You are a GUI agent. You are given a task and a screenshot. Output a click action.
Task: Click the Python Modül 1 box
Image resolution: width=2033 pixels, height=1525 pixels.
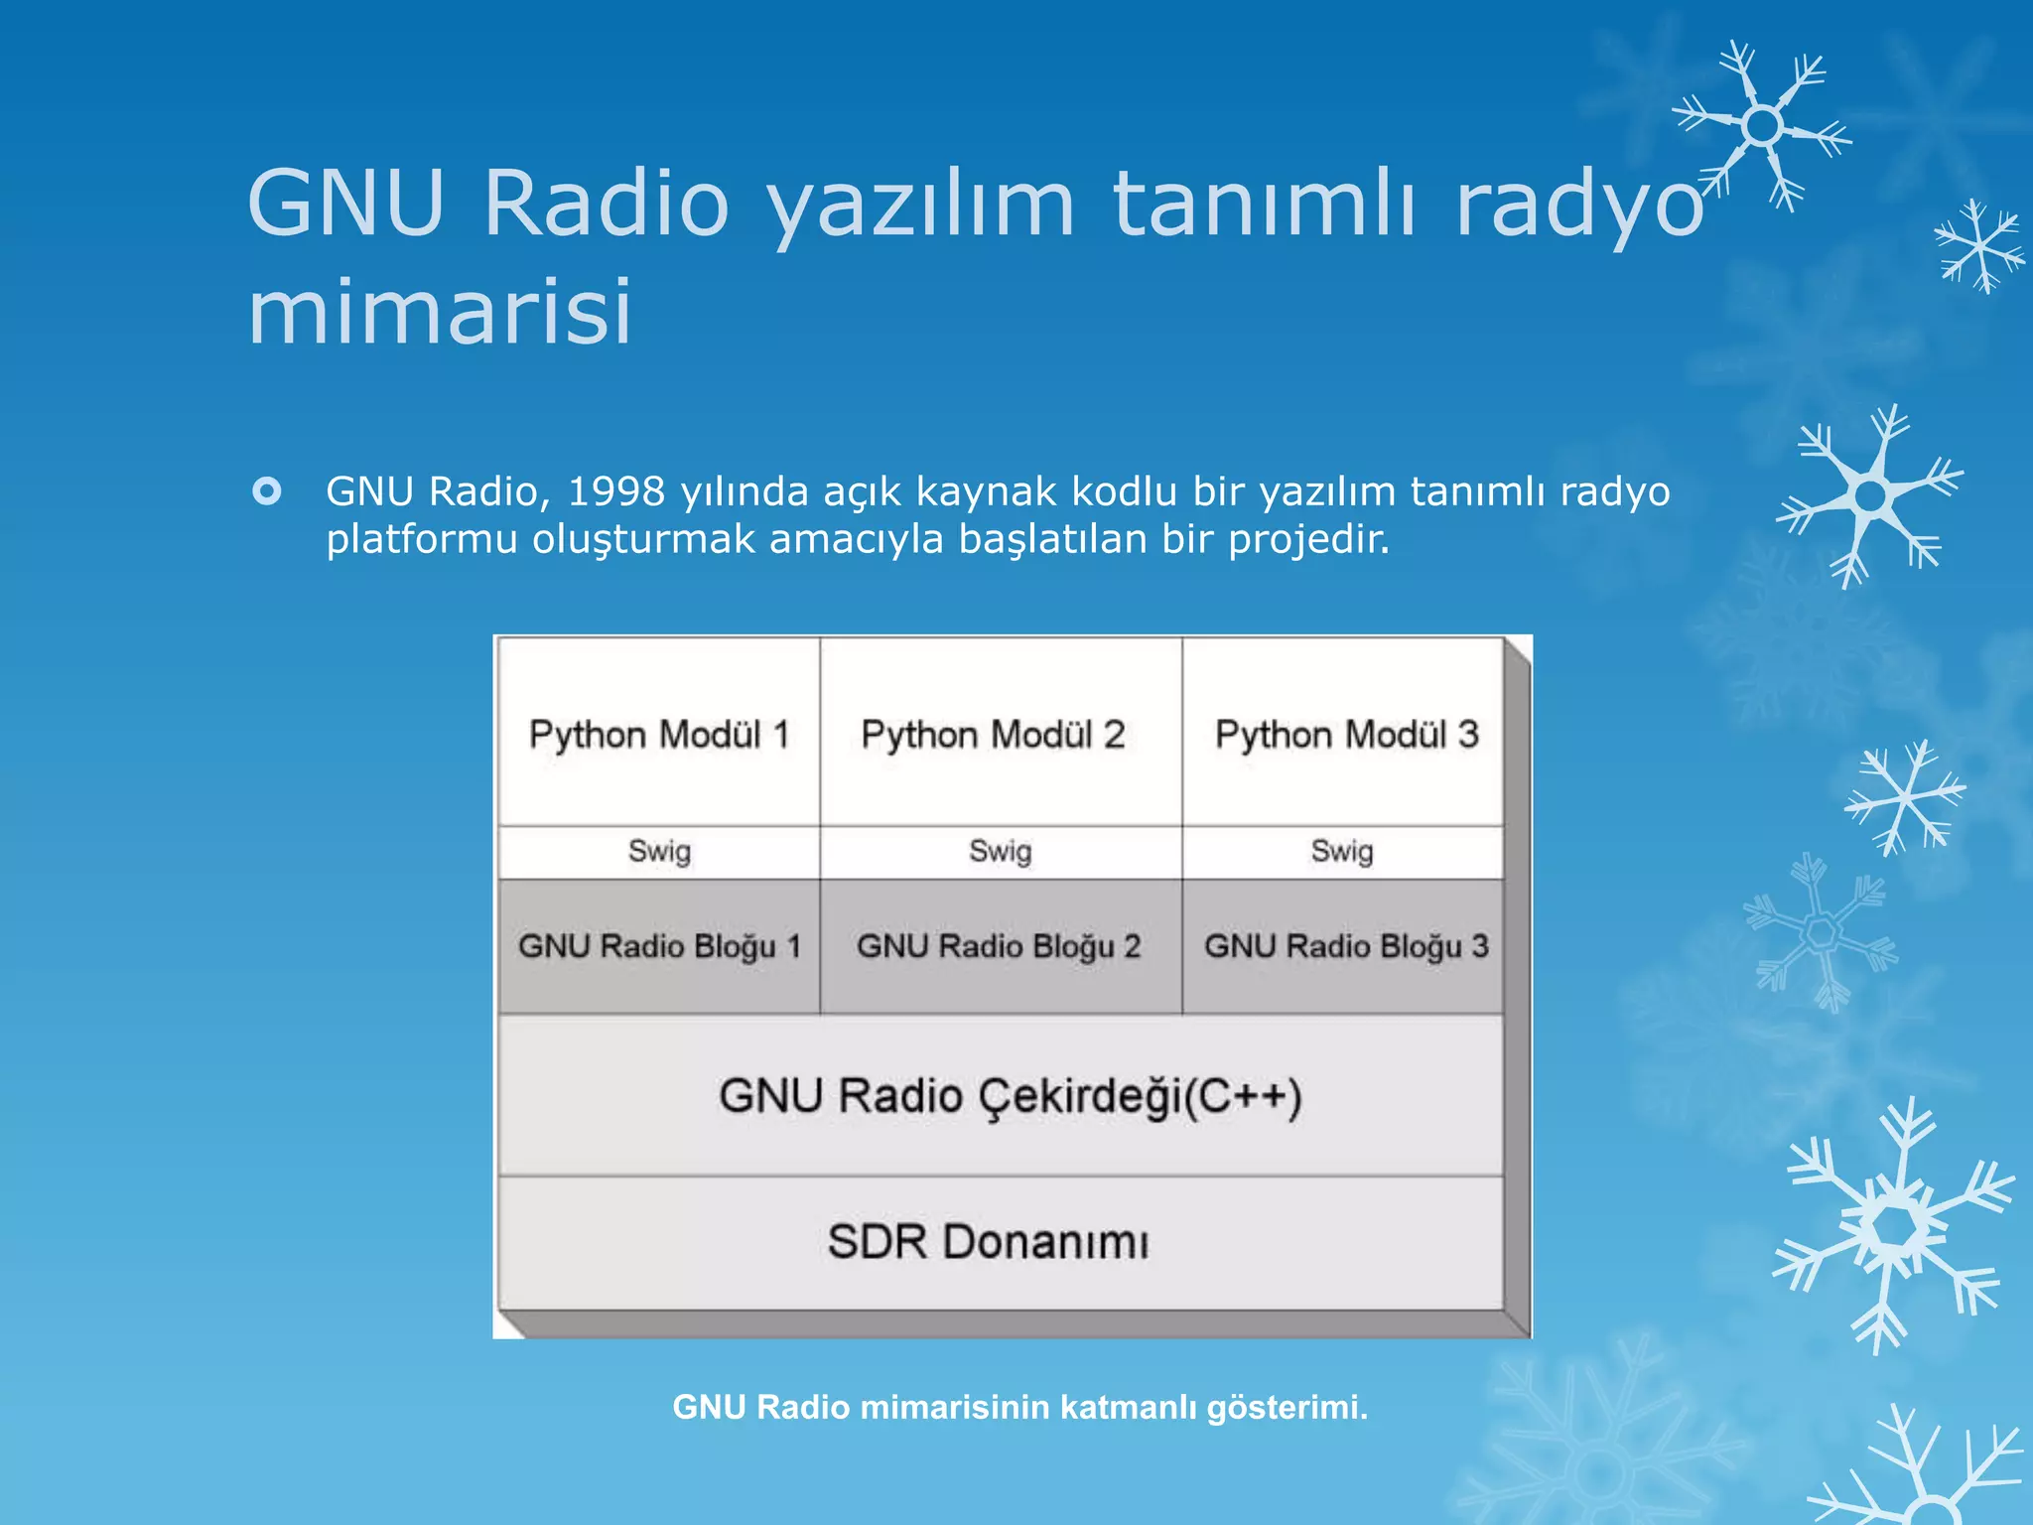pyautogui.click(x=659, y=734)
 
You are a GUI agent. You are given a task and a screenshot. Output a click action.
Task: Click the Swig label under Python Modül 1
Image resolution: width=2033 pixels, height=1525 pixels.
pyautogui.click(x=659, y=851)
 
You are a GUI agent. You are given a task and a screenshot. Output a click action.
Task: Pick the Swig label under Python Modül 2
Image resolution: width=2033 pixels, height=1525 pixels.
pyautogui.click(x=1001, y=851)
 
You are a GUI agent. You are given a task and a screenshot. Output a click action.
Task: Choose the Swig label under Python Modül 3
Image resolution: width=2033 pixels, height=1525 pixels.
pyautogui.click(x=1342, y=851)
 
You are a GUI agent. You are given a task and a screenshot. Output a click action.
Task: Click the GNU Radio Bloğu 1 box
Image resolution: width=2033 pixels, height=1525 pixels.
pyautogui.click(x=659, y=946)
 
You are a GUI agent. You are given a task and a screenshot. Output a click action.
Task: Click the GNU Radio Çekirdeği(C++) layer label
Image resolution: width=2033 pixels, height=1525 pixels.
pyautogui.click(x=1010, y=1097)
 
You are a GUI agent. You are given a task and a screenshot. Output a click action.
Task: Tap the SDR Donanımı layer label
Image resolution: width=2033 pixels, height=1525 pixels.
pyautogui.click(x=988, y=1242)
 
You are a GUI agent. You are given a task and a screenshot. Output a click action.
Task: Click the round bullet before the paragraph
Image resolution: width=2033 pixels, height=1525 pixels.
pyautogui.click(x=267, y=491)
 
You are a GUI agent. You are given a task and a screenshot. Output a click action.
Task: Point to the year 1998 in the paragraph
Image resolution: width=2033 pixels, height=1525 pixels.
pyautogui.click(x=616, y=491)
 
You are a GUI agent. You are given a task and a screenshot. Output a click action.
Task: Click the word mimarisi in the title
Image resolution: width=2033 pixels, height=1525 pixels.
pyautogui.click(x=440, y=311)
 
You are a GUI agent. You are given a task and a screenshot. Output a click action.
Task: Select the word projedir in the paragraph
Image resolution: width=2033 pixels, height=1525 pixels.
pyautogui.click(x=1308, y=539)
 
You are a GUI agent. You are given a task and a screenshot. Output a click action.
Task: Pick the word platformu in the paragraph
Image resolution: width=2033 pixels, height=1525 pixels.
pyautogui.click(x=422, y=539)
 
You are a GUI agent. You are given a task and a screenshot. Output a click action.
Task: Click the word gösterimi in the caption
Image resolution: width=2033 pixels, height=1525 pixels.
pyautogui.click(x=1287, y=1407)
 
